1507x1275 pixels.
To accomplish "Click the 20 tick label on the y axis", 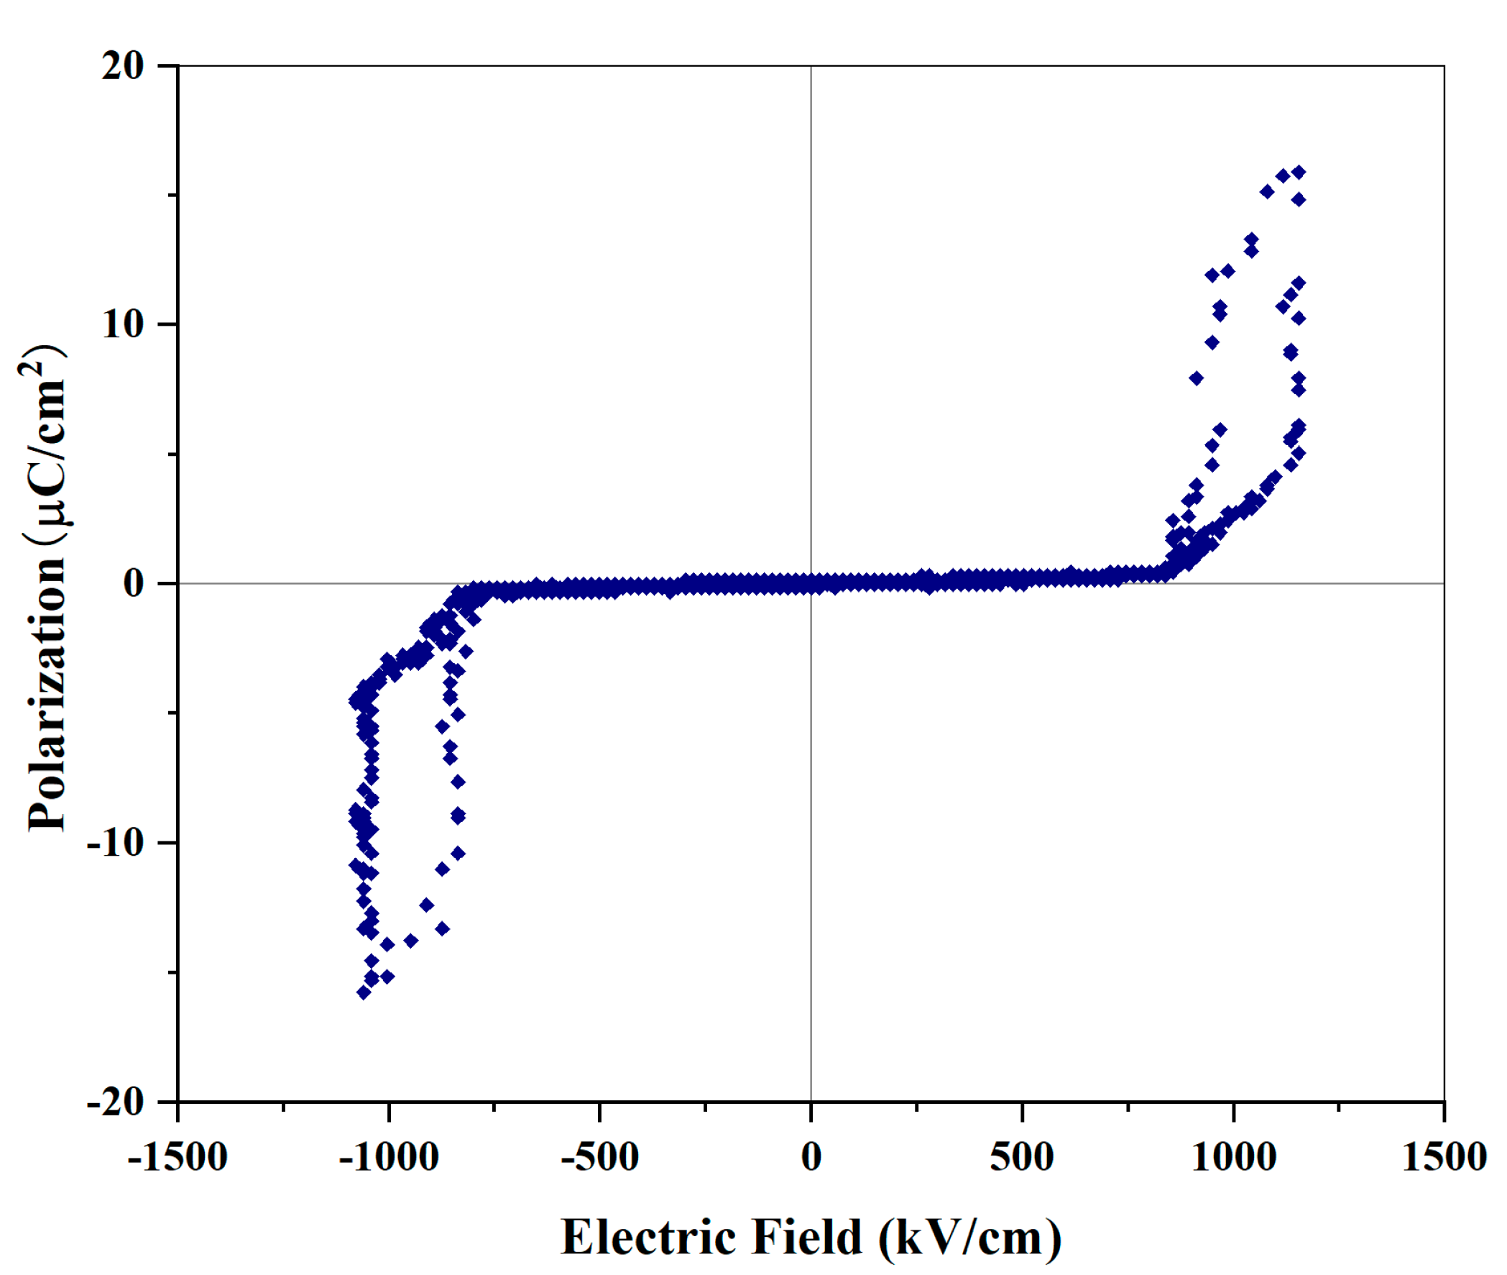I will click(123, 66).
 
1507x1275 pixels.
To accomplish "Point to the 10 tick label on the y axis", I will click(123, 324).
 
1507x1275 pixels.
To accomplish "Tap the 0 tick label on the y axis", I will click(134, 582).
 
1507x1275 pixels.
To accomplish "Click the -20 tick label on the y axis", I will click(116, 1102).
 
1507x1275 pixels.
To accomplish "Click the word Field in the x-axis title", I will click(807, 1238).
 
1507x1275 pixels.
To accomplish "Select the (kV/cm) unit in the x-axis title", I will click(970, 1239).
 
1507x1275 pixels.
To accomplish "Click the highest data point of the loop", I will click(1298, 172).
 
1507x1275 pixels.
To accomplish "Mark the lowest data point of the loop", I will click(364, 992).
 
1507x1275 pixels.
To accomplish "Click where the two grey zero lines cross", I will click(811, 582).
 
